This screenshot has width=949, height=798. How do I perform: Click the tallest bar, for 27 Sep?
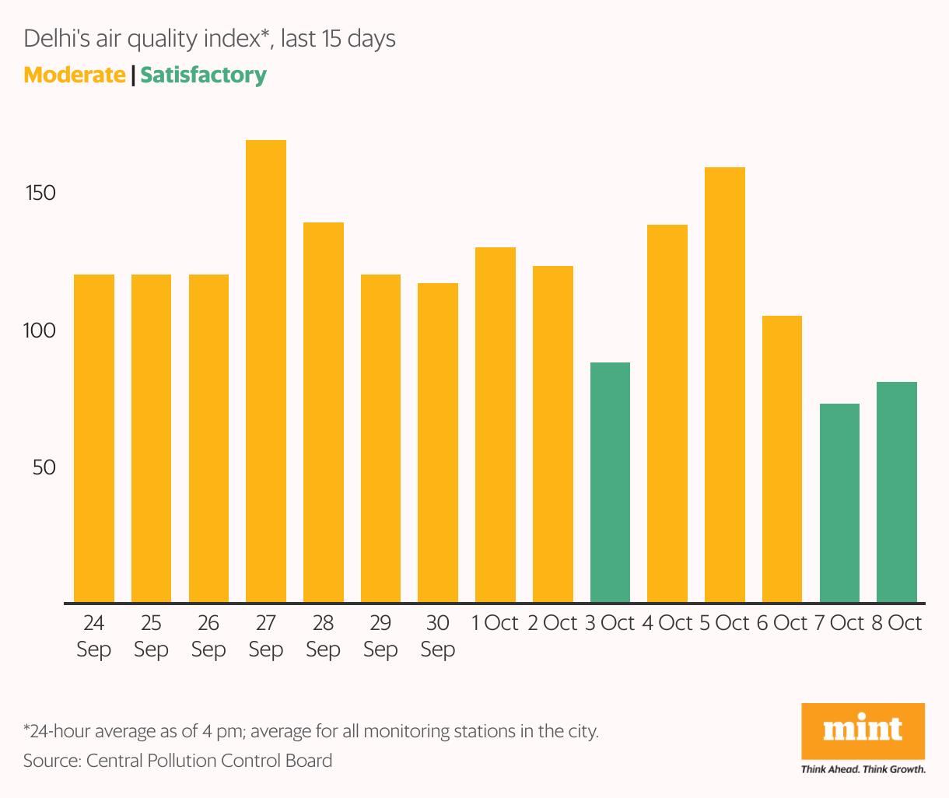tap(266, 371)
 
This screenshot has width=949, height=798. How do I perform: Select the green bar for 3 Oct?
tap(610, 482)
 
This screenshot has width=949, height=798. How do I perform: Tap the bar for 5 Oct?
tap(725, 385)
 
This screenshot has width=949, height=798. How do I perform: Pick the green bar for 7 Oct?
tap(839, 502)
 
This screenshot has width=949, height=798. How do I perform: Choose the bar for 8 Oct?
tap(897, 492)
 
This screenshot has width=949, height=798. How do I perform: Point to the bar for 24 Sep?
tap(94, 438)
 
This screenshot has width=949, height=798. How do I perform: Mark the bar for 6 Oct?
tap(782, 459)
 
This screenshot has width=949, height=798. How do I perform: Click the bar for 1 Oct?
tap(496, 425)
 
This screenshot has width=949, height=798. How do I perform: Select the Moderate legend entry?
tap(75, 75)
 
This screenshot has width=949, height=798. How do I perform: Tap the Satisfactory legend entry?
tap(204, 75)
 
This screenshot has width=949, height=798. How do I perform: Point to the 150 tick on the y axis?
tap(40, 193)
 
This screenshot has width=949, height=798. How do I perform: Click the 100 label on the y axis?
tap(40, 331)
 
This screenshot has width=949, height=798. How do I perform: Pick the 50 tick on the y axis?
tap(44, 467)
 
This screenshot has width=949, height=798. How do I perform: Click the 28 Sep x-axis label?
tap(323, 635)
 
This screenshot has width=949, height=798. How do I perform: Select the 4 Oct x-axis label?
tap(667, 623)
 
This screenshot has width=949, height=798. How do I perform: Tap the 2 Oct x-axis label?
tap(552, 623)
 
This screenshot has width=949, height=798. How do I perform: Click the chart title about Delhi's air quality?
tap(210, 38)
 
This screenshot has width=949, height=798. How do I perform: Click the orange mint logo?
tap(863, 731)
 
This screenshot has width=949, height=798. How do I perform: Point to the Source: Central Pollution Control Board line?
tap(177, 760)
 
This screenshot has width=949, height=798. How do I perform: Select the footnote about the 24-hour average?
tap(311, 731)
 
